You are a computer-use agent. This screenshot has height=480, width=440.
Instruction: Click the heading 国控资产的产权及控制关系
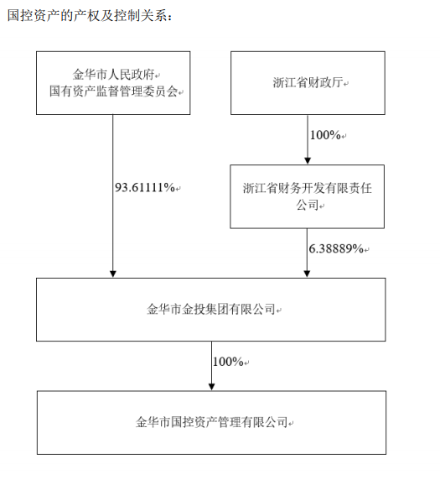(87, 16)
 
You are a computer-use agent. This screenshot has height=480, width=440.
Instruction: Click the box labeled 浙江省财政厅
(308, 83)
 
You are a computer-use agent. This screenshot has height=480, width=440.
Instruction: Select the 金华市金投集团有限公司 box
(210, 310)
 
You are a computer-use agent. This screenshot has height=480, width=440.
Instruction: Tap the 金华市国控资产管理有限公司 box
(211, 422)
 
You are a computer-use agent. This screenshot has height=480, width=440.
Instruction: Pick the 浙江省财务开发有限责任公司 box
(307, 196)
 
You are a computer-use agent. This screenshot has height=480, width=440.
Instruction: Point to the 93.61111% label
(145, 187)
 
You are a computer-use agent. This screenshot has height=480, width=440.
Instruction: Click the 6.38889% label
(336, 248)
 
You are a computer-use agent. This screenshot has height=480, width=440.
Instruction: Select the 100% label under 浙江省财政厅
(325, 135)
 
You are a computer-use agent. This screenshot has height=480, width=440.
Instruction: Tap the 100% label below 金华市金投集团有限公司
(228, 362)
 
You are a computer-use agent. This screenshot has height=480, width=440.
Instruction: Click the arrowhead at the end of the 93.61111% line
(113, 274)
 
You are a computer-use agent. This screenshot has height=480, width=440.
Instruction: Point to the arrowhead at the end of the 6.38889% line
(307, 274)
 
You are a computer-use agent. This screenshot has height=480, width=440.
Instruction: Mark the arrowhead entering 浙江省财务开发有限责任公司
(308, 161)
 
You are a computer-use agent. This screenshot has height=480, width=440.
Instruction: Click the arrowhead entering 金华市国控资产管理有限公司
(211, 387)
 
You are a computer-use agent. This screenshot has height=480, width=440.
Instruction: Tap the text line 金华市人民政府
(113, 74)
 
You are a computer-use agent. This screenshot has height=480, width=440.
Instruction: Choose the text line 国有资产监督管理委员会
(113, 91)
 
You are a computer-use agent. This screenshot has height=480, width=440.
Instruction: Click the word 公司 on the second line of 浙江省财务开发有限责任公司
(308, 205)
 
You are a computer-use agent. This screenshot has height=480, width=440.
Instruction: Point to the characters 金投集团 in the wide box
(205, 309)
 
